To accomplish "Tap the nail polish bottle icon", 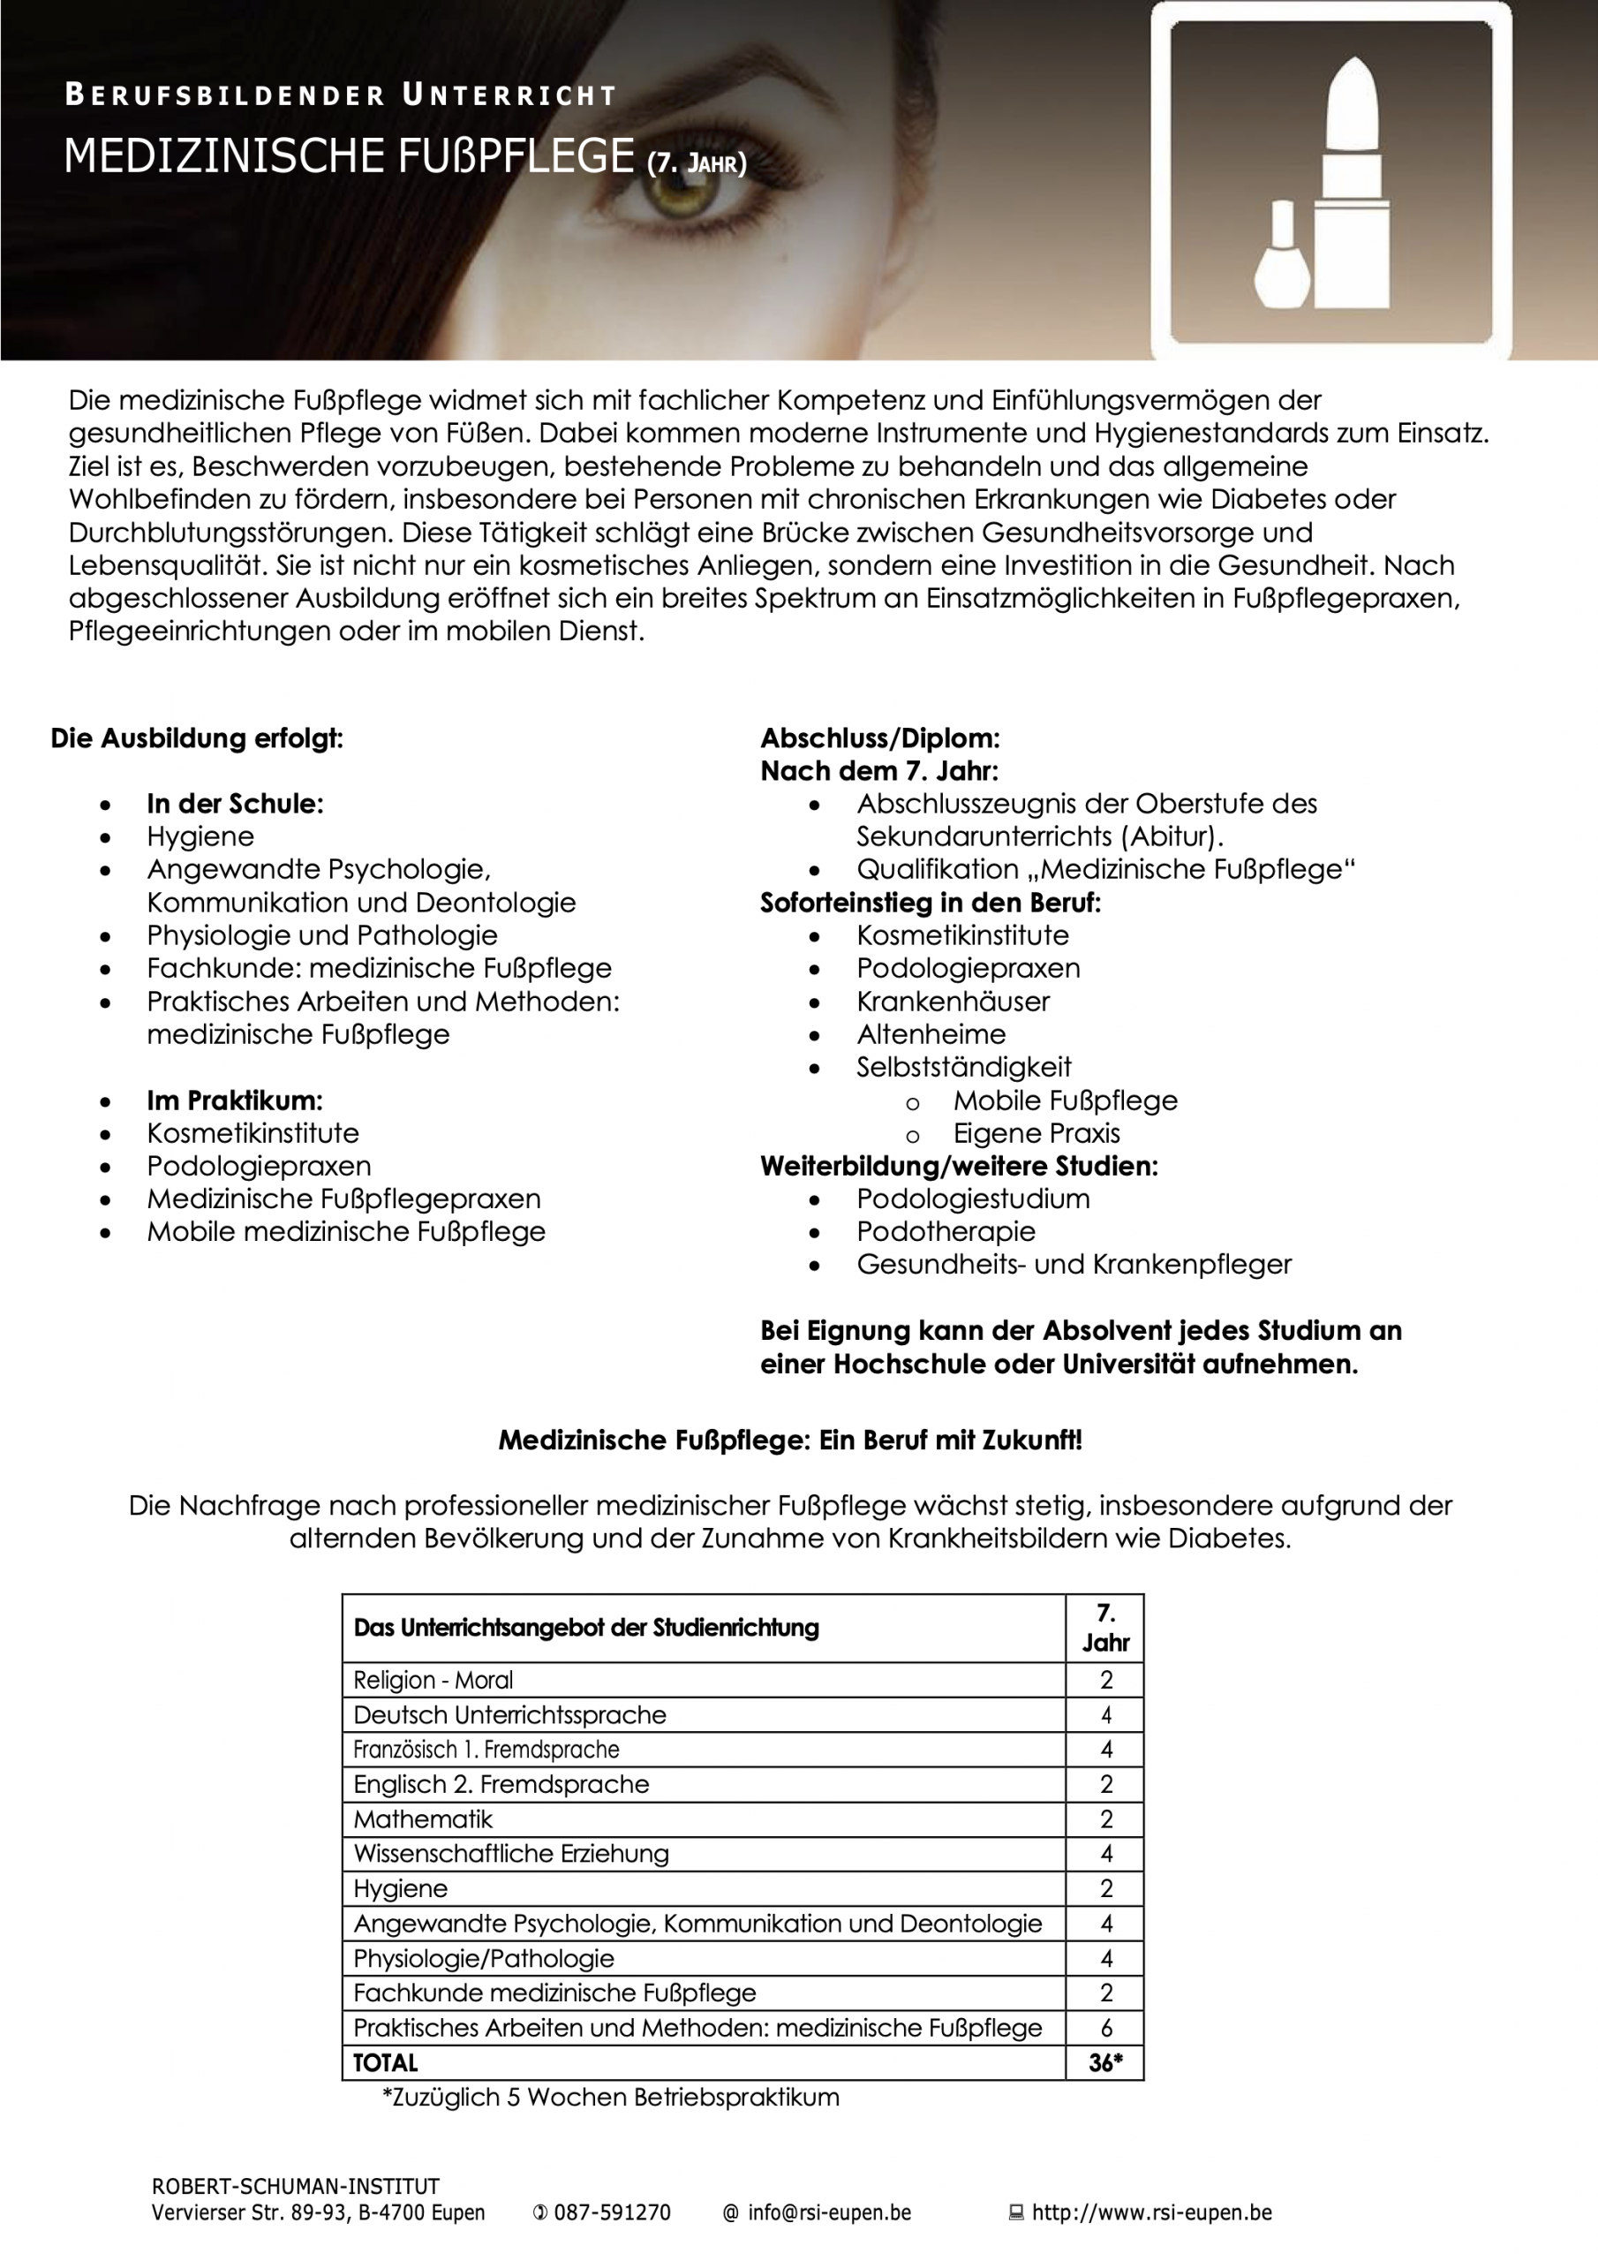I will pos(1282,258).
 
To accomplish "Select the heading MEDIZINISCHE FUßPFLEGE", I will pos(349,156).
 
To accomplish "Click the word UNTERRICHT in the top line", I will pos(509,95).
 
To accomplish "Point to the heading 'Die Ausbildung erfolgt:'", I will pos(197,737).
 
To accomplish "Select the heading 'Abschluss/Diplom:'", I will pos(879,737).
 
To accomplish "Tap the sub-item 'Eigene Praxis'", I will pos(1036,1132).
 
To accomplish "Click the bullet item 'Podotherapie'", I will pos(946,1231).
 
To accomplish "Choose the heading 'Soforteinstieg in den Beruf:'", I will pos(931,902).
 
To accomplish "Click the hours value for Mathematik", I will pos(1105,1819).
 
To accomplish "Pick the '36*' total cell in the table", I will pos(1105,2062).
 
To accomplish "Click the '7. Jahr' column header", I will pos(1105,1628).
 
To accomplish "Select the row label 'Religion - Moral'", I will pos(433,1680).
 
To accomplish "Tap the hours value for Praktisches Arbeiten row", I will pos(1105,2028).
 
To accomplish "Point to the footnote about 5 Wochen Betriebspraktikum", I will pos(610,2097).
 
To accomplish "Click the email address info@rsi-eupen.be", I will pos(829,2212).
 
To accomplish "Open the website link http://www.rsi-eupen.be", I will pos(1151,2212).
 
